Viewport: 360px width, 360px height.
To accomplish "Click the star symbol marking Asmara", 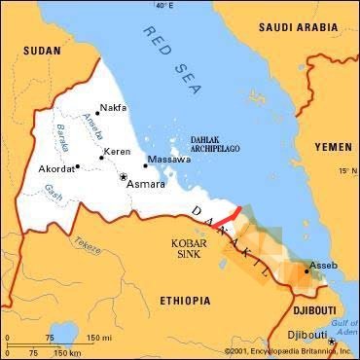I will coord(123,178).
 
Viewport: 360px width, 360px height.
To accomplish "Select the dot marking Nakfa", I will coord(97,113).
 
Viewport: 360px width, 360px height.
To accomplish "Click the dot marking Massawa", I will coord(145,165).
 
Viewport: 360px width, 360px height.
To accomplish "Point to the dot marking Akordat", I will coord(78,167).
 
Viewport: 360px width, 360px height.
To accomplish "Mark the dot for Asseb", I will coord(306,272).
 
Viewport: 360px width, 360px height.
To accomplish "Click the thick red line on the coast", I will coord(227,214).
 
